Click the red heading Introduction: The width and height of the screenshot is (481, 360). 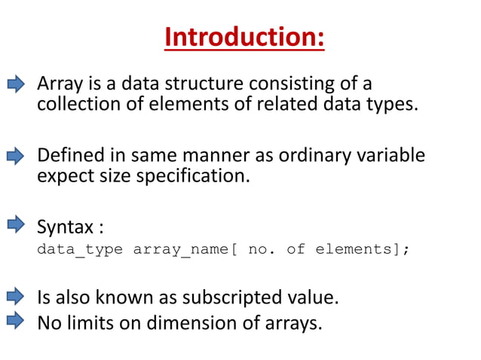click(244, 37)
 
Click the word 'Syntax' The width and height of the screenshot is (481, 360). click(63, 227)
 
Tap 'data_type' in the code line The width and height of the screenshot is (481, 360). click(80, 249)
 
